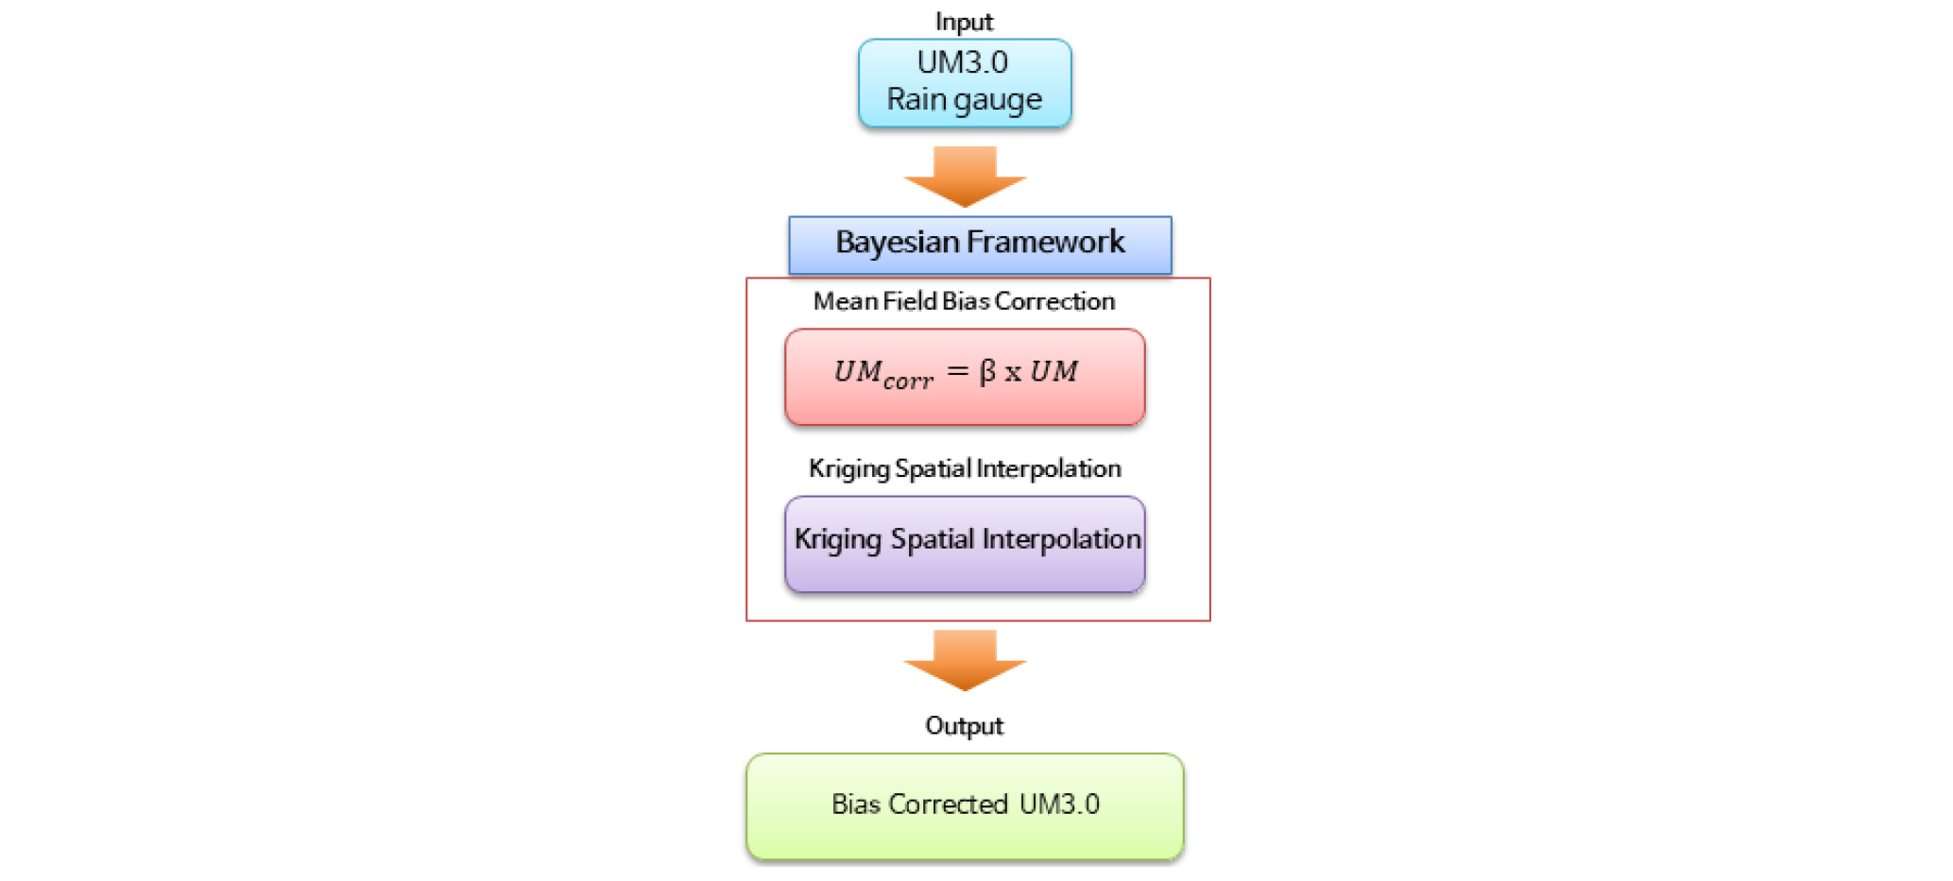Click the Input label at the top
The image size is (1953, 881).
coord(964,22)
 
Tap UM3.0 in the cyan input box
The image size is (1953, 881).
coord(963,62)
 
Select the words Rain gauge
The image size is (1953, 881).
coord(964,99)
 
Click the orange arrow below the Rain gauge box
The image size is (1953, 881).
coord(965,177)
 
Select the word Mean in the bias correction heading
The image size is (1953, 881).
coord(846,301)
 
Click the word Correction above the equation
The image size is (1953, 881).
coord(1054,301)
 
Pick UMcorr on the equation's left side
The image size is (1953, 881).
coord(883,374)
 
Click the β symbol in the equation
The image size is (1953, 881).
coord(987,372)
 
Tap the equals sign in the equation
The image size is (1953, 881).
coord(957,372)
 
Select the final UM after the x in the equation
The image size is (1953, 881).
coord(1054,371)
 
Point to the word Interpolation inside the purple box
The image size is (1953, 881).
coord(1061,539)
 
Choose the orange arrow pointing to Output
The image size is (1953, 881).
coord(965,660)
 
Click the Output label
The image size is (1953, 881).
coord(964,726)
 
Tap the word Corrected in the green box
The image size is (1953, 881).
coord(948,805)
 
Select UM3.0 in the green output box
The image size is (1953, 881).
coord(1059,805)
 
